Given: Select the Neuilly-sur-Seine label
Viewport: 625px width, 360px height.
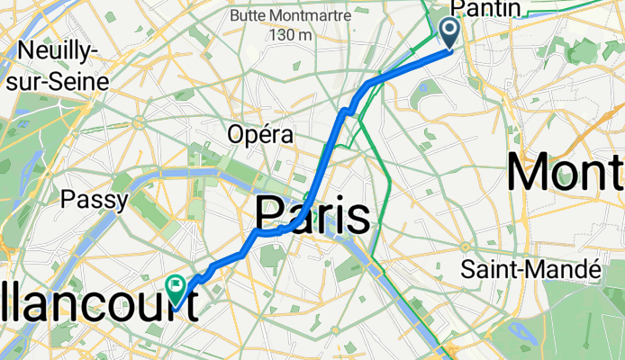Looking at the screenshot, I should pos(56,64).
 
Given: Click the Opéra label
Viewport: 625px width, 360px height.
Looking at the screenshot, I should pos(260,134).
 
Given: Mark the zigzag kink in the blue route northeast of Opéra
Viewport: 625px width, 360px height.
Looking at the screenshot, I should pos(346,111).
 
